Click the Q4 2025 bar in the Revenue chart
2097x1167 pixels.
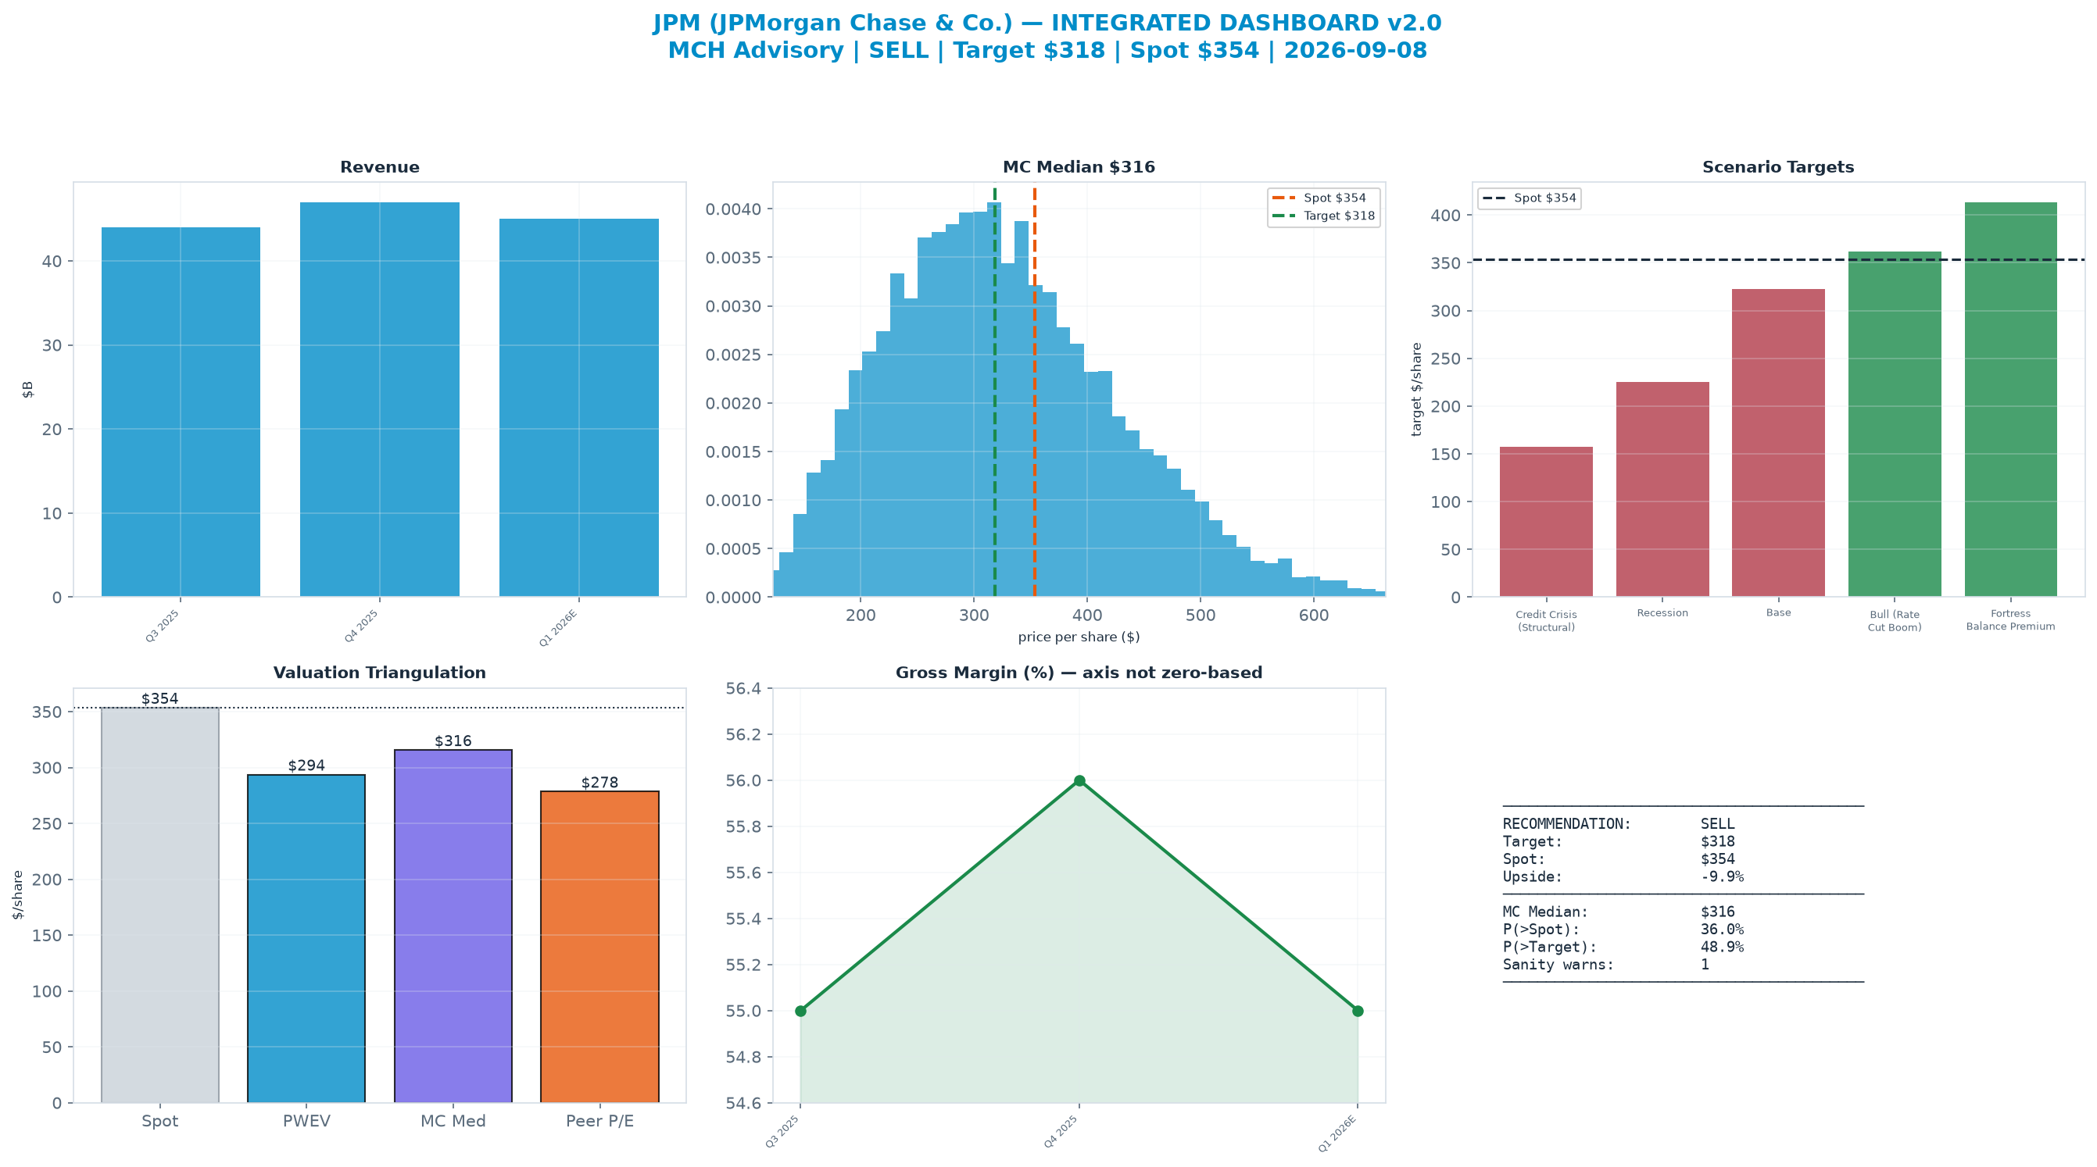[379, 400]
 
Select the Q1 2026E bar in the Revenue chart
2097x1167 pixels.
[579, 408]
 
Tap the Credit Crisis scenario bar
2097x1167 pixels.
[1546, 522]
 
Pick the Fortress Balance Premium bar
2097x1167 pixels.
[2011, 400]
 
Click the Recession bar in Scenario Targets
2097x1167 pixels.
[1662, 489]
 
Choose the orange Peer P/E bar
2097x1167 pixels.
[600, 947]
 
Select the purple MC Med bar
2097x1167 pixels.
[453, 926]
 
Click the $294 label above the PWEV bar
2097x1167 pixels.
[307, 766]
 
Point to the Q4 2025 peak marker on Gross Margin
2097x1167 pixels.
[1079, 780]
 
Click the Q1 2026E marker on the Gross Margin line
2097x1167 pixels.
[1358, 1011]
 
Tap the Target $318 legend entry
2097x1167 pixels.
[1324, 216]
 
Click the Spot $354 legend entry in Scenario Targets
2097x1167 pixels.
[1530, 198]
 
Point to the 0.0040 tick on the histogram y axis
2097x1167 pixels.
[733, 209]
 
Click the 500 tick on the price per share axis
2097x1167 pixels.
[1201, 616]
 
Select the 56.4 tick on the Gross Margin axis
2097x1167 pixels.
[744, 688]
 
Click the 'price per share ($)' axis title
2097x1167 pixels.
[1079, 637]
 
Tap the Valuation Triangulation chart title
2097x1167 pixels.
[379, 673]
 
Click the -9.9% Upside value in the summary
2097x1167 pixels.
[1722, 876]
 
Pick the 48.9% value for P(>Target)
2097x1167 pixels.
[1722, 947]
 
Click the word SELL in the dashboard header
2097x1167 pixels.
[899, 51]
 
